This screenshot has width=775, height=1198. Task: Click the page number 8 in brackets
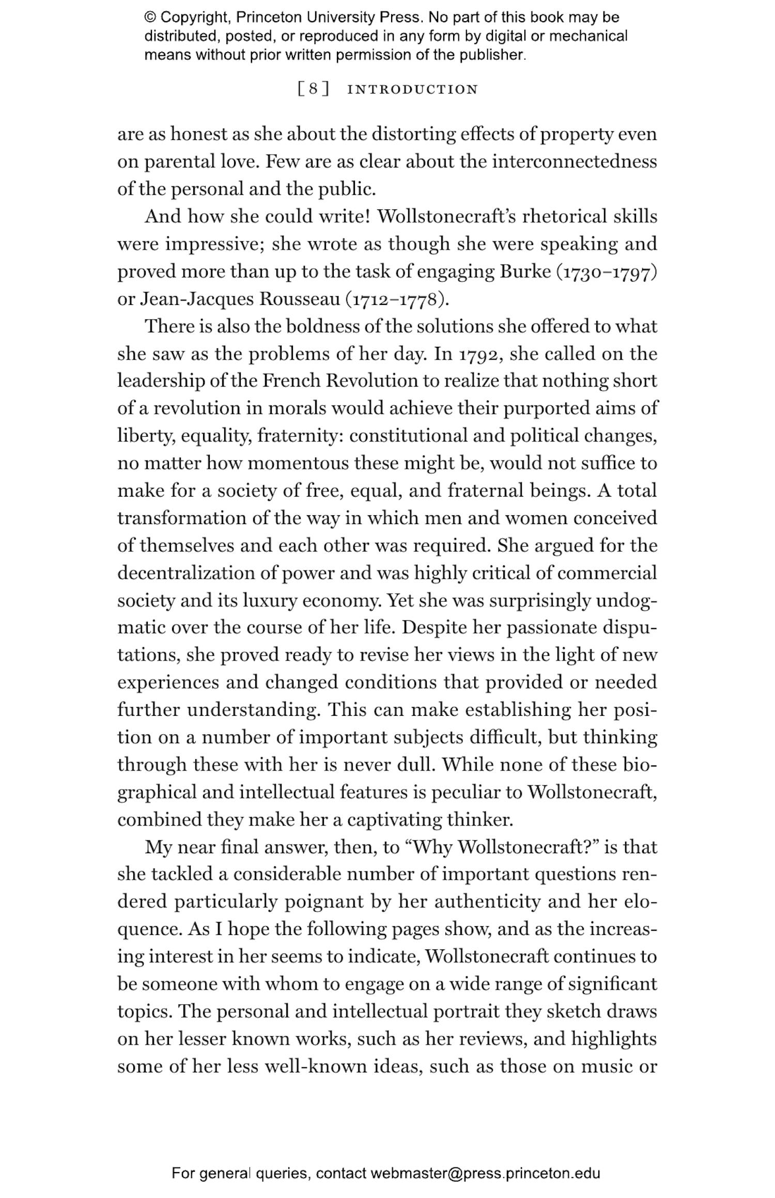pyautogui.click(x=314, y=89)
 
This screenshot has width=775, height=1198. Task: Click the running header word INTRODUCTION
pyautogui.click(x=413, y=89)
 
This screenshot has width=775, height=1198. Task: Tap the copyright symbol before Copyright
pyautogui.click(x=150, y=18)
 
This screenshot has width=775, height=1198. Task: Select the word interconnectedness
pyautogui.click(x=574, y=162)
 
